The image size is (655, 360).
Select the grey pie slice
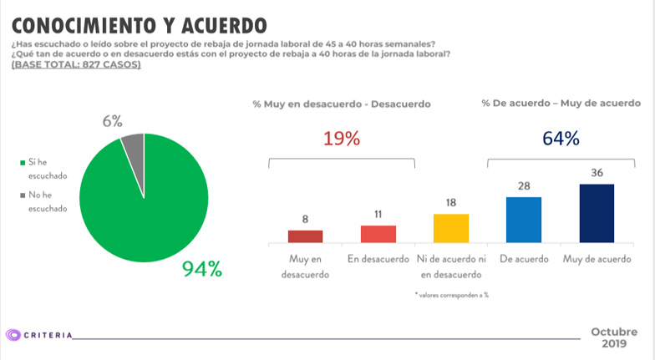[135, 148]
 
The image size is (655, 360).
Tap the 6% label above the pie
[113, 122]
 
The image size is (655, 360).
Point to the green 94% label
[202, 269]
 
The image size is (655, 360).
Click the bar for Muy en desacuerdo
[305, 236]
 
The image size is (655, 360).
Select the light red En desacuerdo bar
[378, 233]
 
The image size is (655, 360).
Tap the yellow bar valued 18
[450, 227]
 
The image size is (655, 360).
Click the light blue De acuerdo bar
[524, 220]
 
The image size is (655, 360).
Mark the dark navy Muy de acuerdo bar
[597, 213]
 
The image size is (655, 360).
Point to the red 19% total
[341, 139]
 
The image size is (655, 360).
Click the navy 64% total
[561, 139]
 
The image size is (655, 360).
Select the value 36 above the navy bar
[597, 174]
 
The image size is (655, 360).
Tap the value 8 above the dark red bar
[305, 220]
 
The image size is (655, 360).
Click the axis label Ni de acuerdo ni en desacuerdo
[450, 266]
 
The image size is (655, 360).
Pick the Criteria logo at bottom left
[38, 334]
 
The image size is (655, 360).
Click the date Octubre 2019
[613, 337]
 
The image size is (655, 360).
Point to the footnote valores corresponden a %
[450, 295]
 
